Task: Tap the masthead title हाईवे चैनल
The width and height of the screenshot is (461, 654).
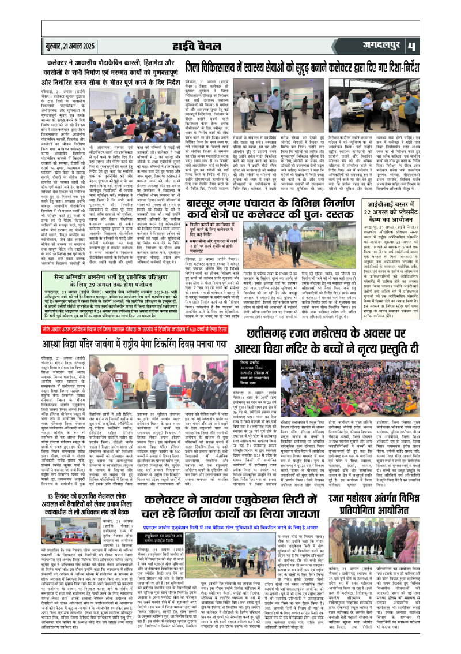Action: click(x=230, y=46)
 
